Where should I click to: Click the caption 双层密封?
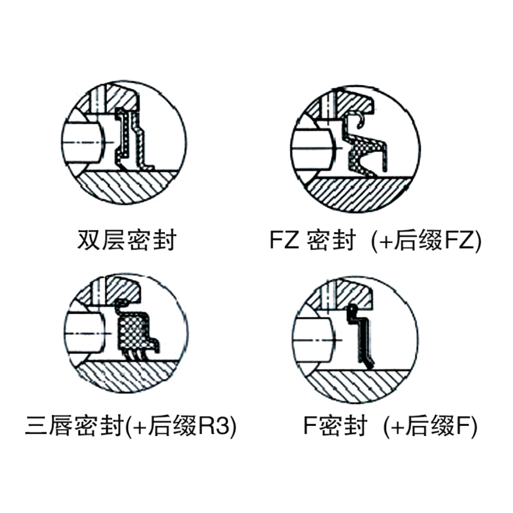[x=127, y=240]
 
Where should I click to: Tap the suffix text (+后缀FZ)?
[x=426, y=240]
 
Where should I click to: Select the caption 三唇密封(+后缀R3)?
[x=131, y=426]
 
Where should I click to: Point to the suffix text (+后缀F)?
[x=430, y=426]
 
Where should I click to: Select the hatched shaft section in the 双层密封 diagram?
[x=126, y=187]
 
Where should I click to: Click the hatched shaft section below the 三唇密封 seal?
[x=128, y=376]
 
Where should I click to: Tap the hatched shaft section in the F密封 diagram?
[x=358, y=386]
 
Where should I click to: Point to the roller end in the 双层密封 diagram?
[x=83, y=142]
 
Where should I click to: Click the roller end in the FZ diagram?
[x=313, y=149]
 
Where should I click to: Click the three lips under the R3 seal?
[x=135, y=355]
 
